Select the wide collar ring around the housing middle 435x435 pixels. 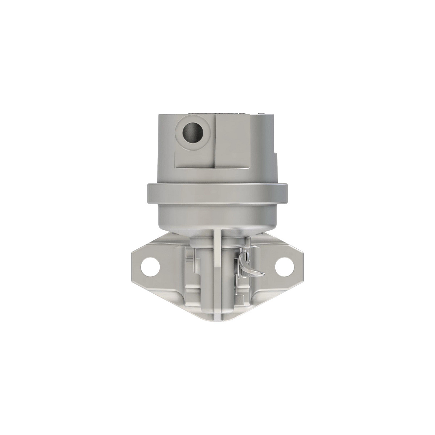pyautogui.click(x=217, y=192)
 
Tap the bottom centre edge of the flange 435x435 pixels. pyautogui.click(x=217, y=320)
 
